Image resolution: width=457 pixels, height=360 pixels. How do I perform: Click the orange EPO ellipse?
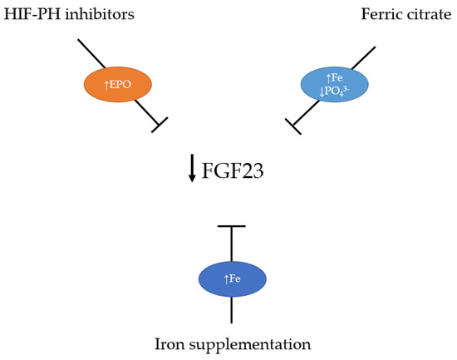117,84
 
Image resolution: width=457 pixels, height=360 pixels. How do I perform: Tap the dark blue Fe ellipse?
232,279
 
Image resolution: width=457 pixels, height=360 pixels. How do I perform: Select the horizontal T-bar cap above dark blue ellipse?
232,226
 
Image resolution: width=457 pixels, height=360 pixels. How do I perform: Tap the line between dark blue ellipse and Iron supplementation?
232,310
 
